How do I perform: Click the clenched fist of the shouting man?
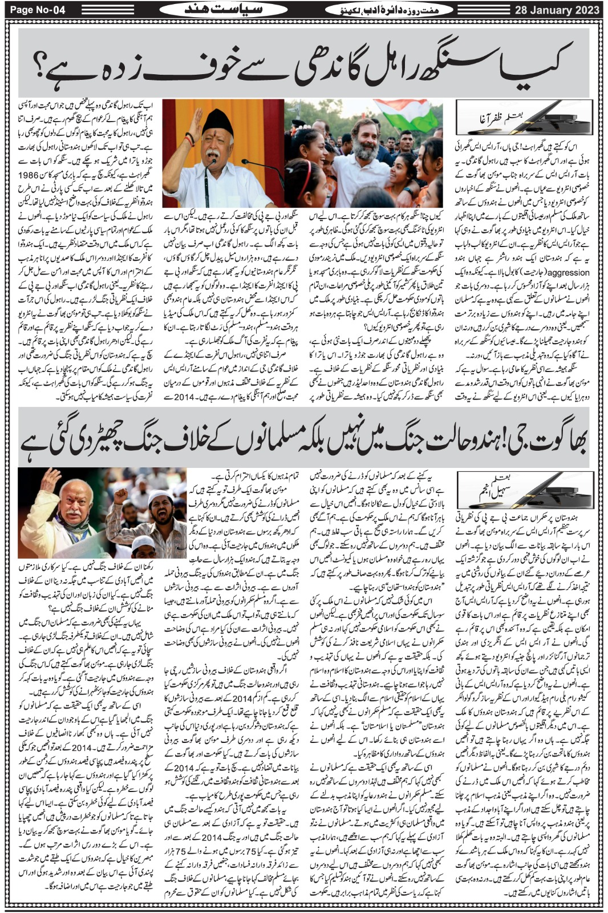(120, 497)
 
